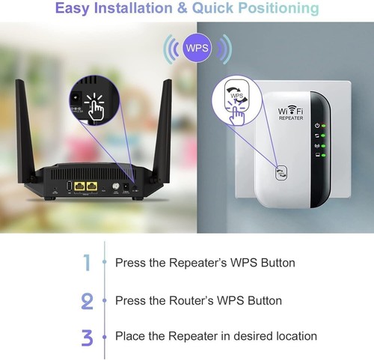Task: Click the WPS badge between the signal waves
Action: point(197,48)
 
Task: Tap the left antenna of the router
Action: point(33,127)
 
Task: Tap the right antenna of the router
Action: point(164,127)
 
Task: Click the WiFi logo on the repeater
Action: point(292,109)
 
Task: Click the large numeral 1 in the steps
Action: point(87,263)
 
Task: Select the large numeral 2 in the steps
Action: point(87,300)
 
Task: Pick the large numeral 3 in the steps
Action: point(87,337)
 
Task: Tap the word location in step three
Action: point(296,336)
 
